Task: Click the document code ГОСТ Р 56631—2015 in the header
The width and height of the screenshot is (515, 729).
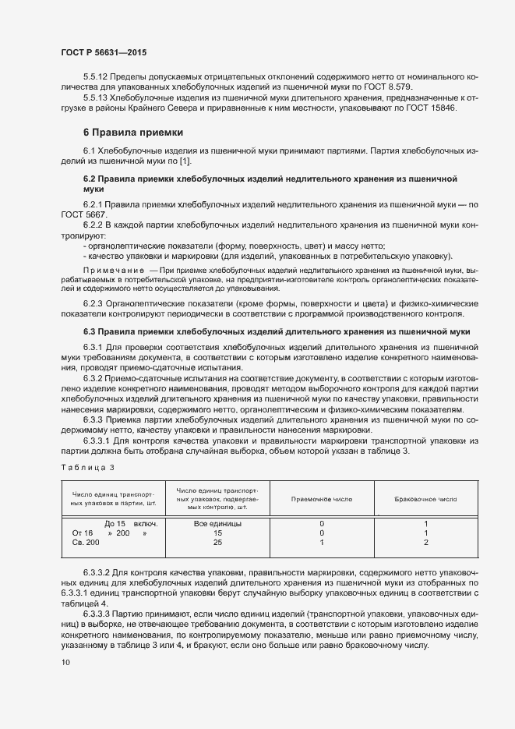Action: click(x=103, y=52)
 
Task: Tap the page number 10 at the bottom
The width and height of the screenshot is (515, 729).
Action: click(x=65, y=663)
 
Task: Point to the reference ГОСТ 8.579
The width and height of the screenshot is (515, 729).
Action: click(x=428, y=87)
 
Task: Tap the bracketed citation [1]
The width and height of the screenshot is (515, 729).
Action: click(x=184, y=161)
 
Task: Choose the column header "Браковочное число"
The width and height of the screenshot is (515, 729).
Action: click(x=426, y=498)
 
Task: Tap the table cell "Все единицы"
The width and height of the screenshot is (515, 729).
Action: click(x=217, y=523)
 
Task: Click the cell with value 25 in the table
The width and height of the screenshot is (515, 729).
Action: click(x=217, y=542)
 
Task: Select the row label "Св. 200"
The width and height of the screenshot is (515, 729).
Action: click(x=86, y=542)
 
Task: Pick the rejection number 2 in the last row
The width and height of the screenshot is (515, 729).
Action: click(x=426, y=542)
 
